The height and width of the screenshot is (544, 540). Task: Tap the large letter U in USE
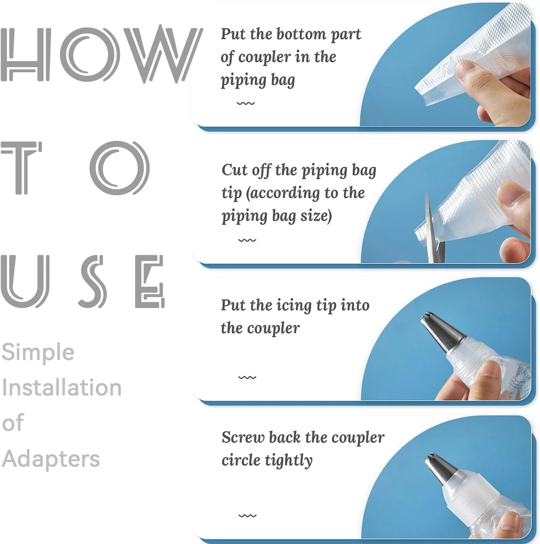pos(25,281)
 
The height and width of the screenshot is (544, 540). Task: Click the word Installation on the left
pos(62,387)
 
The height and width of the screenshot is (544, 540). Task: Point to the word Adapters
pos(51,459)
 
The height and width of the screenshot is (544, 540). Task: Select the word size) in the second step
pos(316,216)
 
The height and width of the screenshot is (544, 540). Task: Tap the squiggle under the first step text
pos(246,104)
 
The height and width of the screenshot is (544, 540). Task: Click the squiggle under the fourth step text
pos(247,516)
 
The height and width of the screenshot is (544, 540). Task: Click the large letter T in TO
pos(22,168)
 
